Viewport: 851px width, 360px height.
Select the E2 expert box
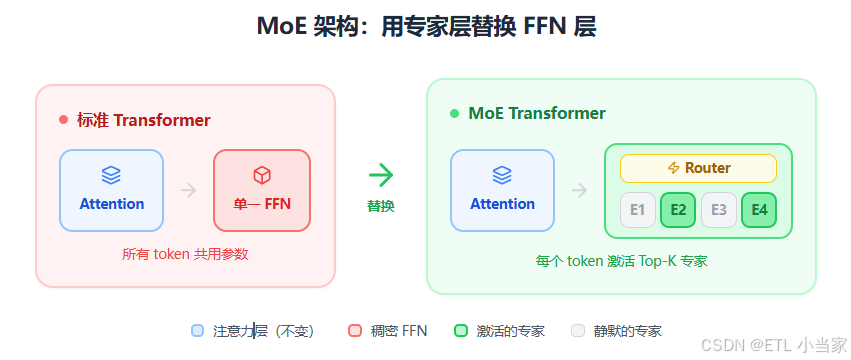click(678, 210)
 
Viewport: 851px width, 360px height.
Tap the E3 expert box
click(719, 210)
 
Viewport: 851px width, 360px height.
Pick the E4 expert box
click(759, 210)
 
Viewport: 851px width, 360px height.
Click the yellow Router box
click(698, 168)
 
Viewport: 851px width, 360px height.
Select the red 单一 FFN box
click(262, 190)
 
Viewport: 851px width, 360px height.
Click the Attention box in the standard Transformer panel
click(111, 190)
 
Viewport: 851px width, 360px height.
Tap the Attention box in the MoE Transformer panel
click(502, 190)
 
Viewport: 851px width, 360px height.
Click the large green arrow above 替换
click(381, 175)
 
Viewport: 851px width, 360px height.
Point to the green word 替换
click(381, 206)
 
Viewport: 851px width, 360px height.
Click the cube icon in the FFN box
click(262, 175)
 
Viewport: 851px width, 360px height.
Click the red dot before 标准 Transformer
click(64, 120)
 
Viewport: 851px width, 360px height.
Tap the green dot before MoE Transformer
click(454, 114)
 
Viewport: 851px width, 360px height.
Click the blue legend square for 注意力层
click(197, 331)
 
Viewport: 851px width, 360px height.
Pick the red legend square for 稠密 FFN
click(354, 331)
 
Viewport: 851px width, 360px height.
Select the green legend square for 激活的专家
click(460, 331)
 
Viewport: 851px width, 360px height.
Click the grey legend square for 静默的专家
click(577, 331)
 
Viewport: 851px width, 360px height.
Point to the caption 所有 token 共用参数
click(185, 255)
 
